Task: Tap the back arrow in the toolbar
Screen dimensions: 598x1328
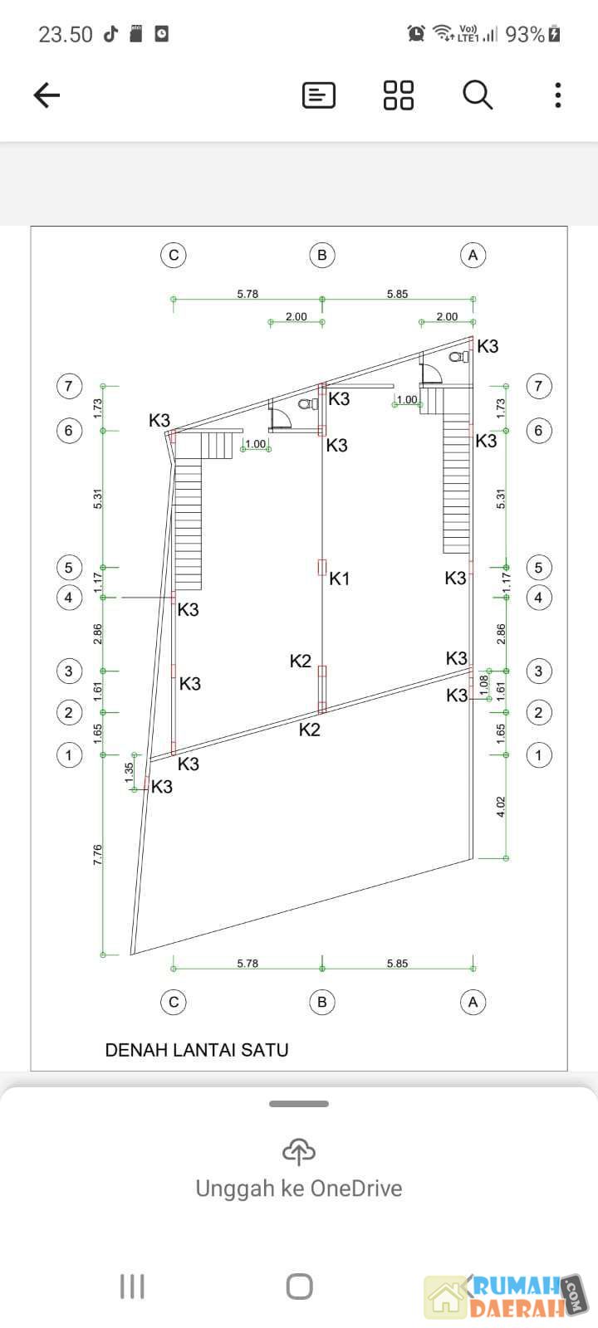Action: point(47,95)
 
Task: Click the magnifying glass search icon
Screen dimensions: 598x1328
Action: point(478,95)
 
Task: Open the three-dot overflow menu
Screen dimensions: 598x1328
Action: point(557,95)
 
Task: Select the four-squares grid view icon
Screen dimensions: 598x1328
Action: point(399,95)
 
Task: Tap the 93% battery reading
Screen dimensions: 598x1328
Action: point(524,34)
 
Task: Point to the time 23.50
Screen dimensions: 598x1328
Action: point(66,34)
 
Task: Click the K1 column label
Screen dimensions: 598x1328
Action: point(340,579)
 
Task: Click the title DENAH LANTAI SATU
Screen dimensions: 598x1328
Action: point(197,1050)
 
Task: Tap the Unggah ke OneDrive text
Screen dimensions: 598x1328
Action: point(299,1188)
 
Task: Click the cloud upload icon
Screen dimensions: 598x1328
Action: point(299,1151)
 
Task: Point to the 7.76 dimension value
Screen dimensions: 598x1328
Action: point(98,854)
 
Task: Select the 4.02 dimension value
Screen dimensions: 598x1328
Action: point(501,807)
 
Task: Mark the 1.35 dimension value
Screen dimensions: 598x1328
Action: point(129,773)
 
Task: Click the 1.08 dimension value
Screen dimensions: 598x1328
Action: point(483,685)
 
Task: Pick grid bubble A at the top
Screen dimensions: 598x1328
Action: point(473,255)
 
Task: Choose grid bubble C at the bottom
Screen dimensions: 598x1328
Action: point(174,1002)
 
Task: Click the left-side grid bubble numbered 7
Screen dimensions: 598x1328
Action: point(69,386)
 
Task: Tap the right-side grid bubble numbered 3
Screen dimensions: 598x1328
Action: point(539,671)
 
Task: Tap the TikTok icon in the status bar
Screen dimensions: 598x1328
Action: point(110,34)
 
